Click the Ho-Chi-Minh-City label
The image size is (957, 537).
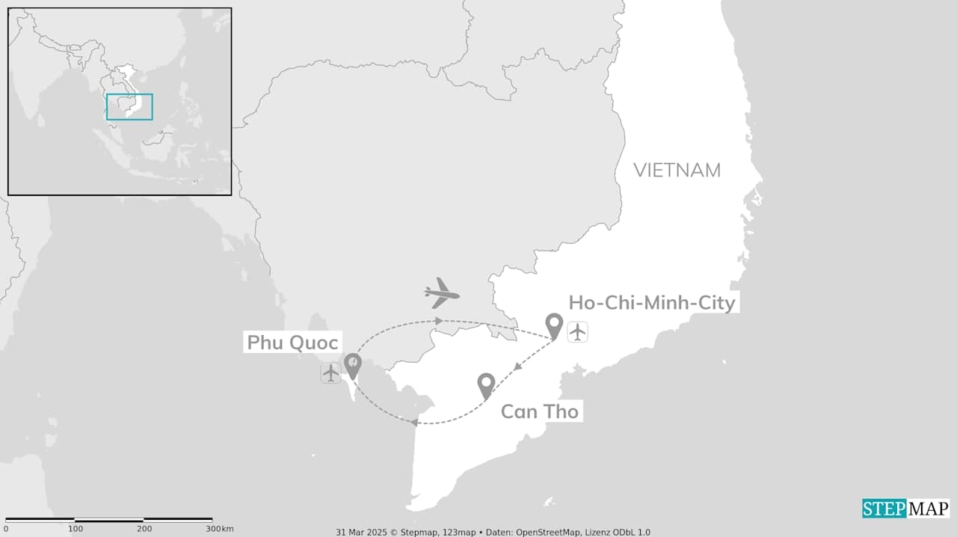click(x=652, y=303)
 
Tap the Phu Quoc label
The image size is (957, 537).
click(x=292, y=343)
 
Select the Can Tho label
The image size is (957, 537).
click(x=539, y=411)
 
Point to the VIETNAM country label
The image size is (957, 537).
click(x=677, y=171)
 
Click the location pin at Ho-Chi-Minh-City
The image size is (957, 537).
click(x=554, y=325)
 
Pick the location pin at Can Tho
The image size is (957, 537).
click(x=486, y=385)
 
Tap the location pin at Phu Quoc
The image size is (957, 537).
click(x=352, y=365)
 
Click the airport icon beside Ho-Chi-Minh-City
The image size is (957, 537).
click(x=577, y=331)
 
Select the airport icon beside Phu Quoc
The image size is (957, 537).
click(x=330, y=372)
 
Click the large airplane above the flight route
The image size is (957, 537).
click(x=441, y=293)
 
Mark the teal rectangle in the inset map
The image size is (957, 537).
click(x=129, y=107)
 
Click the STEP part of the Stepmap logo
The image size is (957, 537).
click(x=884, y=509)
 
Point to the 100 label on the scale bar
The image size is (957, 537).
click(x=76, y=529)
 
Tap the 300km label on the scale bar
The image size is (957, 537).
click(x=220, y=529)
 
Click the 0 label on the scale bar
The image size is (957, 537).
click(x=6, y=529)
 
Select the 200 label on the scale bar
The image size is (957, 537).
click(x=144, y=529)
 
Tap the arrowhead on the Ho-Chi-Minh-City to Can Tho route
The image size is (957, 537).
click(x=516, y=366)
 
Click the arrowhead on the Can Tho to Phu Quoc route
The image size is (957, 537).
click(x=413, y=423)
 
